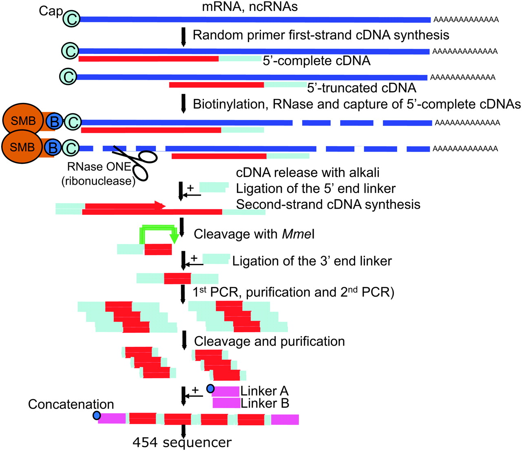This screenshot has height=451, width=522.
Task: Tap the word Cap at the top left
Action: [51, 11]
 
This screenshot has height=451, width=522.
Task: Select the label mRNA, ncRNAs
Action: [250, 7]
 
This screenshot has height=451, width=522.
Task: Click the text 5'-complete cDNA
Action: [316, 61]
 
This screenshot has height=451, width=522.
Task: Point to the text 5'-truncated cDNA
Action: [361, 88]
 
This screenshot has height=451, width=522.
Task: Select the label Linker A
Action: [264, 391]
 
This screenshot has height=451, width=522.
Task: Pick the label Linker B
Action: [265, 404]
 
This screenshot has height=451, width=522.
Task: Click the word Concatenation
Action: [71, 404]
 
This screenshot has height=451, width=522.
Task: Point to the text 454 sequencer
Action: [182, 442]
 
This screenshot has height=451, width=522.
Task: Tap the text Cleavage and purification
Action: [269, 341]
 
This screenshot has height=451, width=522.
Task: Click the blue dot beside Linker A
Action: [210, 389]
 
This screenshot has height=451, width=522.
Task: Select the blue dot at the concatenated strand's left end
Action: [97, 415]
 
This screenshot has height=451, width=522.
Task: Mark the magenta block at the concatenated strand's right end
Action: [285, 420]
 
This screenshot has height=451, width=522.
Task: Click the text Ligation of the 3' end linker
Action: [312, 261]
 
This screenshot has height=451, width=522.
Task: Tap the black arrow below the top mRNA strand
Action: [183, 36]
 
